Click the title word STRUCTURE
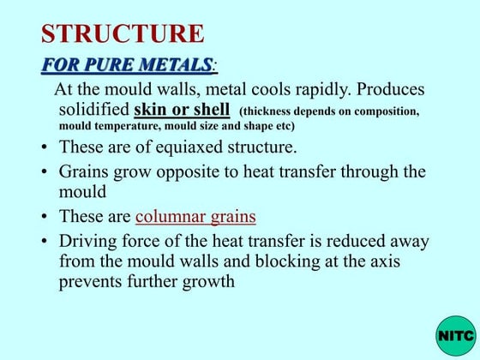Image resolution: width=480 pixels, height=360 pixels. [123, 33]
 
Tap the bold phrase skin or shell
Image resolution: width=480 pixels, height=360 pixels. [182, 110]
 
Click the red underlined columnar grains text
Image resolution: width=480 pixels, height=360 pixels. [195, 216]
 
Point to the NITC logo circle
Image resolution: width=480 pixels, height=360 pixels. [454, 335]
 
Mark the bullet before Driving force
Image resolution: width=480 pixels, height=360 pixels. [44, 243]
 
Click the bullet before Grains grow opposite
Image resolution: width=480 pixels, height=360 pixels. [44, 172]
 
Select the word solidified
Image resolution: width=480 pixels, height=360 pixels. [93, 111]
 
